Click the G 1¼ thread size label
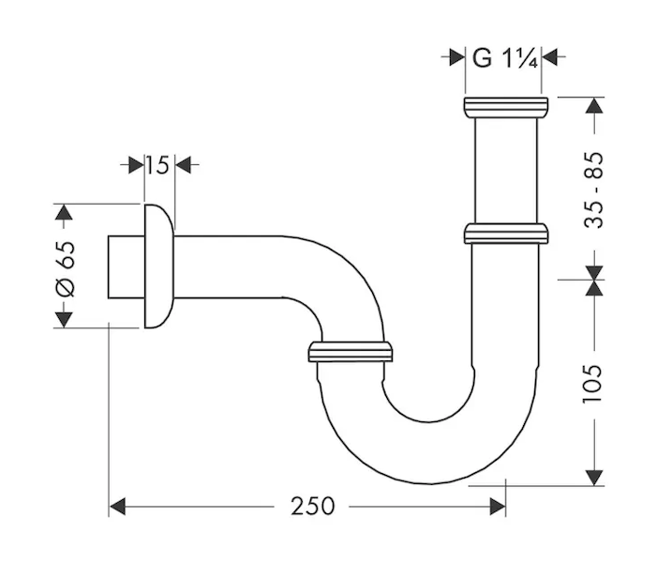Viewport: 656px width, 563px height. (x=504, y=58)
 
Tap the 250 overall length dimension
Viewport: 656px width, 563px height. (x=312, y=506)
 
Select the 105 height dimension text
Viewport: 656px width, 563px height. (x=593, y=384)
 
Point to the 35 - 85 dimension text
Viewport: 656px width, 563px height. (x=593, y=190)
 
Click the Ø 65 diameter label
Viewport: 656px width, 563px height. (x=66, y=269)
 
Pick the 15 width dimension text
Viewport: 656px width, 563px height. (x=157, y=165)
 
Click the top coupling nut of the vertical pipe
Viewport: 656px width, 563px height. (x=506, y=108)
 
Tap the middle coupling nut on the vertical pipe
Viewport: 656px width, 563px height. (x=506, y=234)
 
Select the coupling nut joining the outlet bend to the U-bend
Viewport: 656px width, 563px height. (x=350, y=352)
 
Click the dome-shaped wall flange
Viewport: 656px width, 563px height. (x=159, y=266)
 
